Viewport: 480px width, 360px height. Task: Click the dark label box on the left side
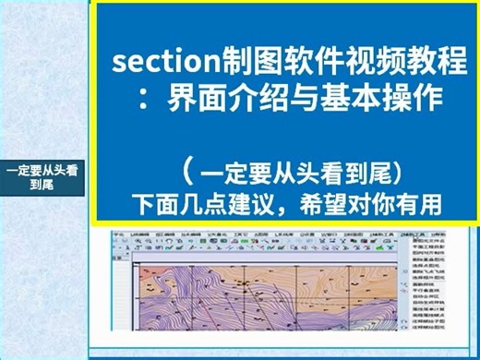(x=42, y=176)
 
